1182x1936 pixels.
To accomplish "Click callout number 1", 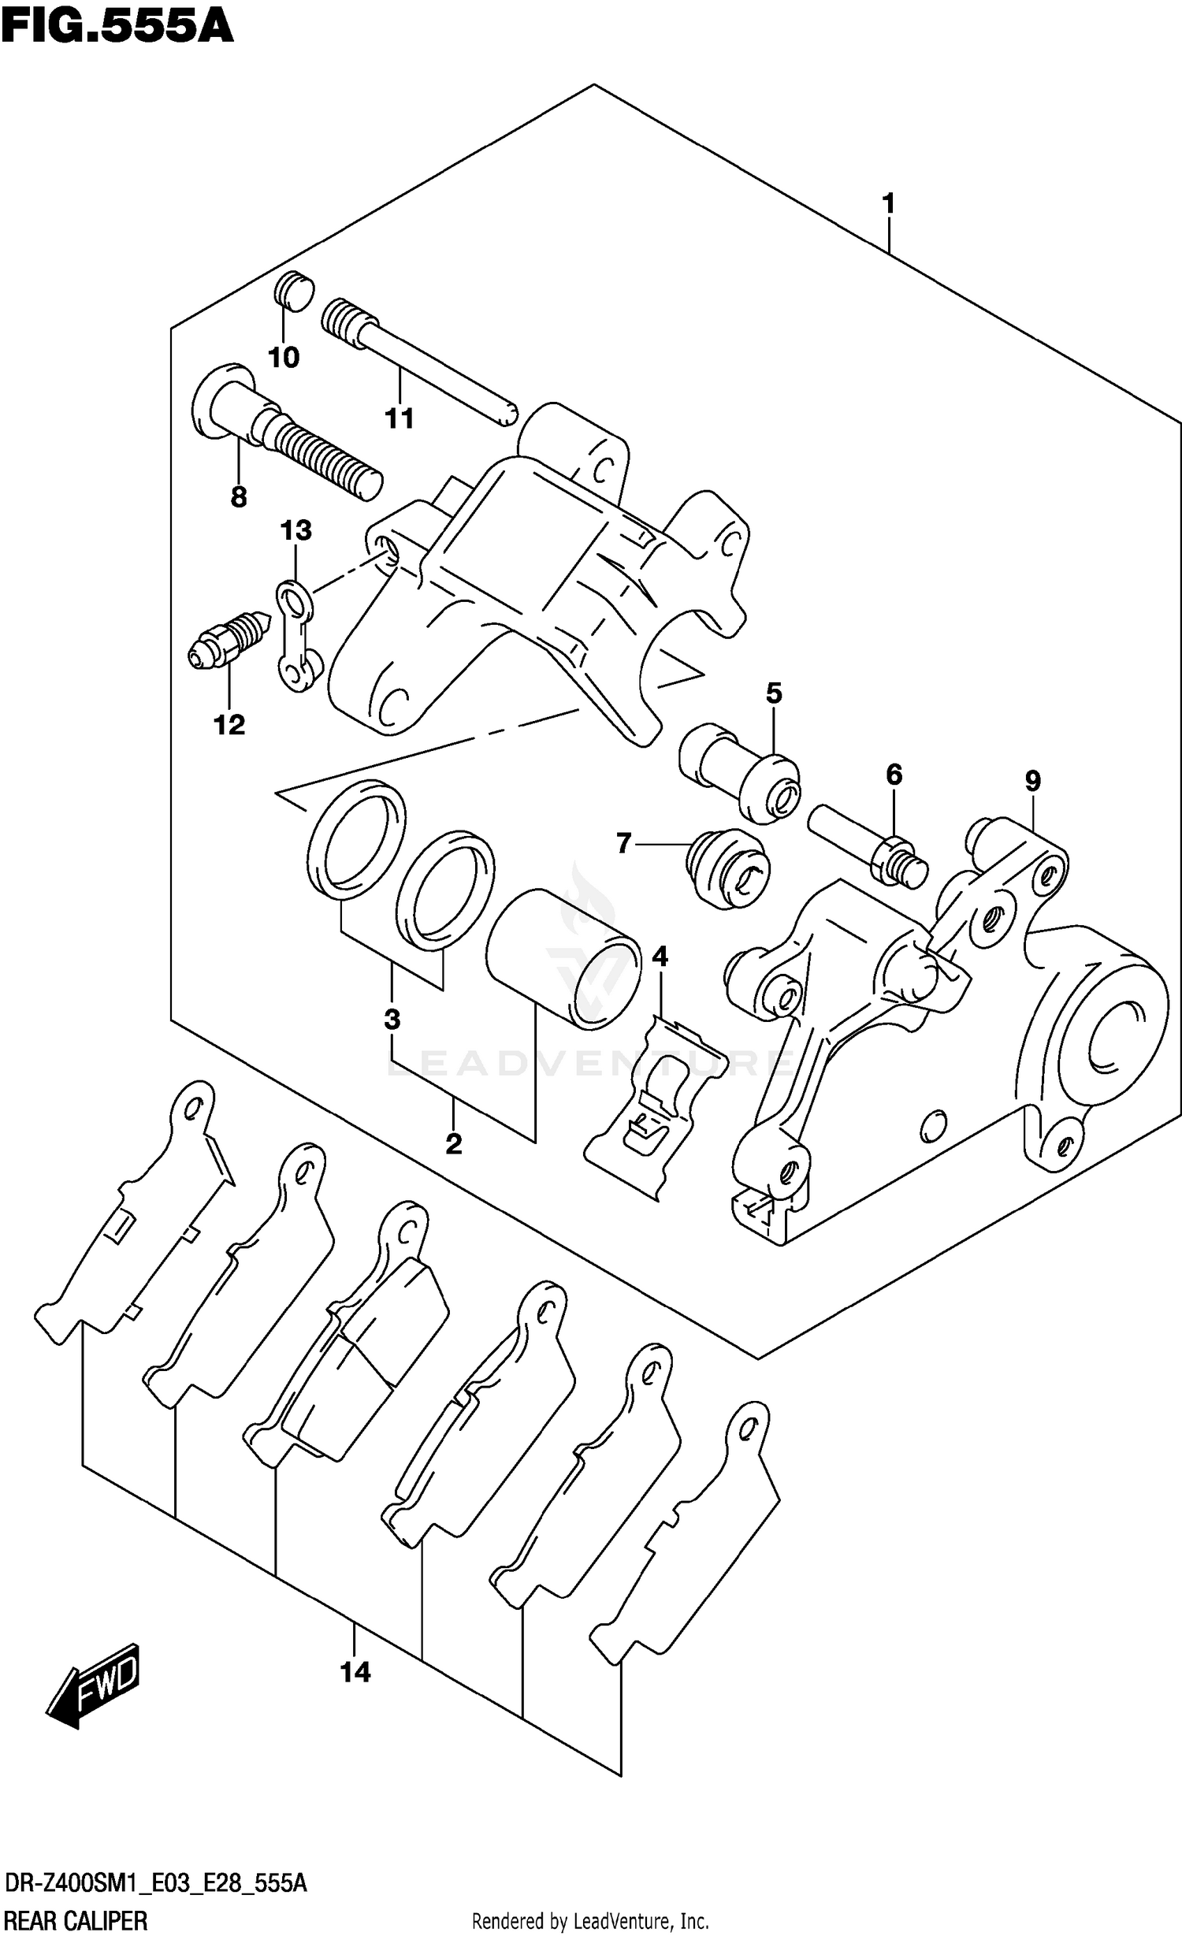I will [888, 204].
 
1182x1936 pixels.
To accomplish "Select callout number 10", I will [284, 358].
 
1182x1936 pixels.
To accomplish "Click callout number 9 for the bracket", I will [1032, 781].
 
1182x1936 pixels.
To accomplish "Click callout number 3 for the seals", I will [392, 1020].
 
